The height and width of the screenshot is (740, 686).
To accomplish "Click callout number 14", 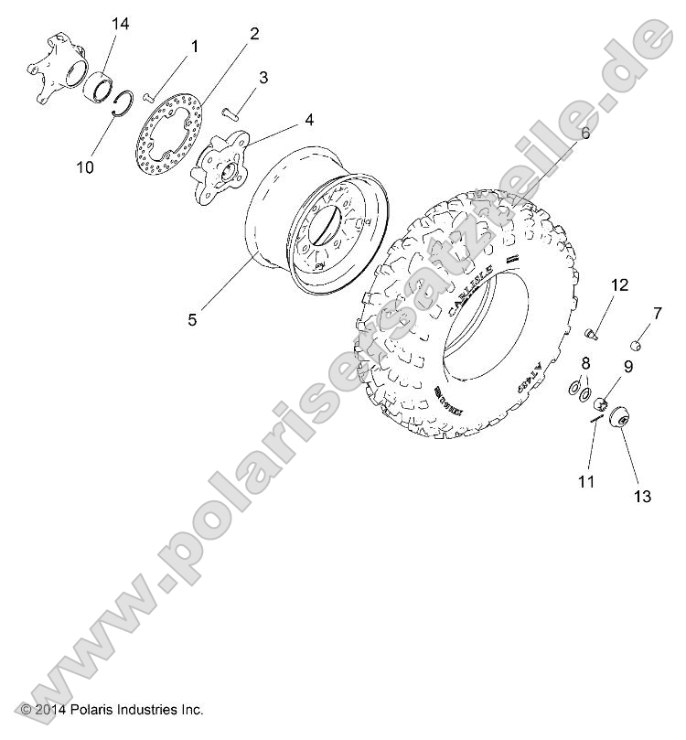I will pos(121,25).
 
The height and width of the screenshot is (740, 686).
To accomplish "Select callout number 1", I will pos(194,45).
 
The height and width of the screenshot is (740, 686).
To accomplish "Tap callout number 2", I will pos(254,34).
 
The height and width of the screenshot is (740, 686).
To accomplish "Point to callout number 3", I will pos(263,78).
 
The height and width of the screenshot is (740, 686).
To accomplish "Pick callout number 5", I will pos(193,319).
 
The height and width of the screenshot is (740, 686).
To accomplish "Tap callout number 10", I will pos(85,167).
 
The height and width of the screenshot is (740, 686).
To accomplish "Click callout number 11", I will pos(586,480).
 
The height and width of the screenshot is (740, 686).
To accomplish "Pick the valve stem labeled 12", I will pos(590,333).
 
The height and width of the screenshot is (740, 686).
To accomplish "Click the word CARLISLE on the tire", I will pos(470,291).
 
